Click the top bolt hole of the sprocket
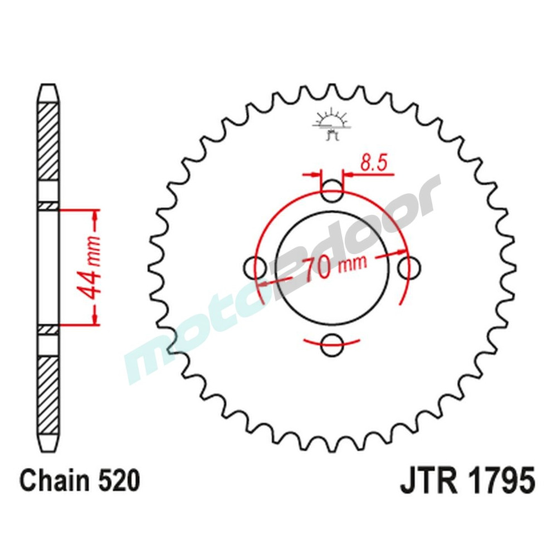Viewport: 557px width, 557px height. click(333, 192)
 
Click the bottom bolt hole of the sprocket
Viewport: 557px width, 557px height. click(333, 342)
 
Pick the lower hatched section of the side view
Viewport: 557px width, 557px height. click(48, 395)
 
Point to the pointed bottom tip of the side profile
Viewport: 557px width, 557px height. click(48, 450)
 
